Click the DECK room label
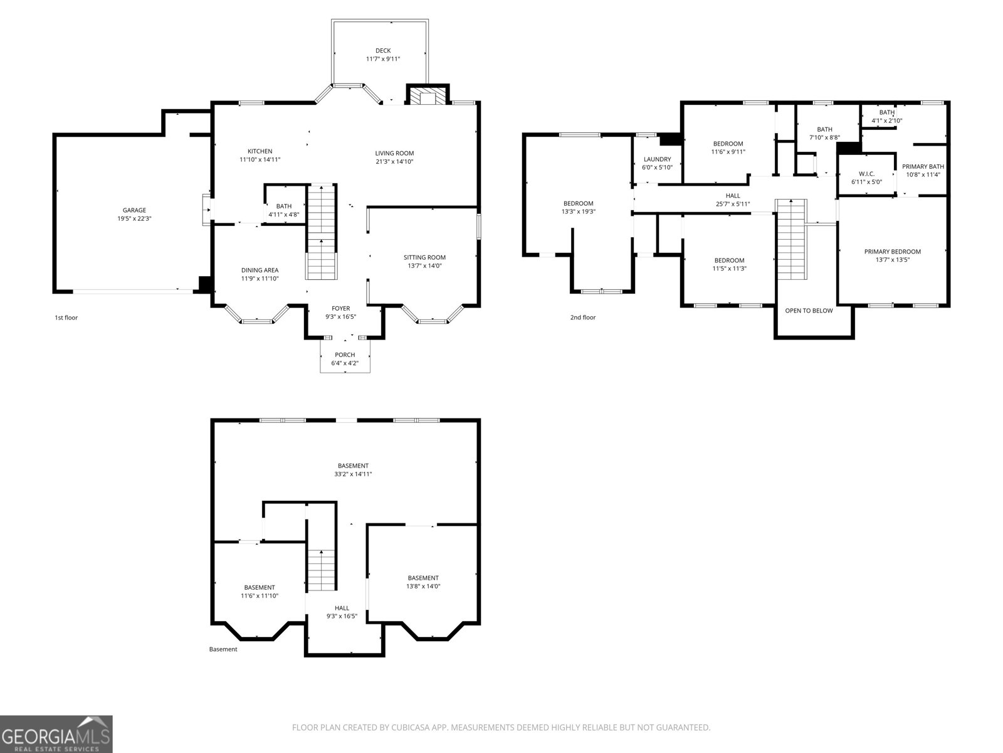point(382,51)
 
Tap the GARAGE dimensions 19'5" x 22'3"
point(134,218)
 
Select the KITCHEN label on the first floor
point(260,151)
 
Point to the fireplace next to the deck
point(428,96)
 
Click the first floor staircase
point(322,232)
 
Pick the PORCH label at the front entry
point(345,355)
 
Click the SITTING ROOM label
point(424,257)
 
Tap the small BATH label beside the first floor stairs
point(284,206)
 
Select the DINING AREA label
point(260,270)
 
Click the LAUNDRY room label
point(657,159)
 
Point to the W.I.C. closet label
point(866,174)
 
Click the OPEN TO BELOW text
point(809,311)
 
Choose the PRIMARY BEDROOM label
point(892,252)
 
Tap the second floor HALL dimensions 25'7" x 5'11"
point(733,204)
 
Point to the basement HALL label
point(342,608)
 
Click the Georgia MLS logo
point(56,734)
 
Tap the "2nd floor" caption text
point(582,318)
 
